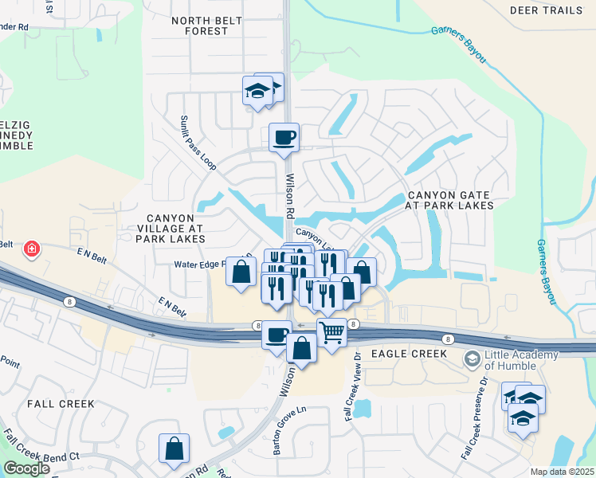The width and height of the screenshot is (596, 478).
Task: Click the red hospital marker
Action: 32,249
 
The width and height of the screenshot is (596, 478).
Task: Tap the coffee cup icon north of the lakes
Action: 284,138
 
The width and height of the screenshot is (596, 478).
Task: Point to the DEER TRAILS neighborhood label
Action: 551,10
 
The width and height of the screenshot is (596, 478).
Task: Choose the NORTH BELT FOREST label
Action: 200,25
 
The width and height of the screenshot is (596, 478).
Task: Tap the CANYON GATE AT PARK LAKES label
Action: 450,200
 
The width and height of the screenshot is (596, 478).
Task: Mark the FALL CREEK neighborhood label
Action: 61,404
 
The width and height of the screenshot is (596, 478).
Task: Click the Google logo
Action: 26,468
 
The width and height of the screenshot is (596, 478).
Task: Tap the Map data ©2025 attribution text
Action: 561,472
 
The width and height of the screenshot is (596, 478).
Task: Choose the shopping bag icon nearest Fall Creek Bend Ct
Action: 174,449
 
